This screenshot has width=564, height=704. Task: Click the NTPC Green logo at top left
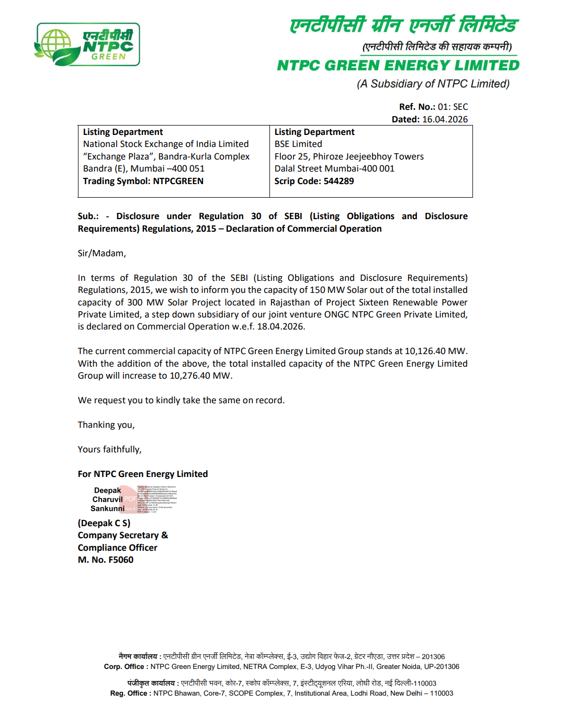click(87, 44)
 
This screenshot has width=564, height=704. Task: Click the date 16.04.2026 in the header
click(445, 119)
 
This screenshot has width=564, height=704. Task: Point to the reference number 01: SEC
click(453, 107)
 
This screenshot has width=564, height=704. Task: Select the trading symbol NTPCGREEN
click(178, 181)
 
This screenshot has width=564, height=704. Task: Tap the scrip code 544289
click(339, 181)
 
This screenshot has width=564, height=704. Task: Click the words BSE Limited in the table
click(298, 144)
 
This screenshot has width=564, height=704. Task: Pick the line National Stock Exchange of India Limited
click(166, 144)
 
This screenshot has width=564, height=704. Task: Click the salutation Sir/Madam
click(101, 253)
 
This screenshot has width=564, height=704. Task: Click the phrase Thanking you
click(106, 425)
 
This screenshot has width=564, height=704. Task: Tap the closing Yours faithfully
click(109, 449)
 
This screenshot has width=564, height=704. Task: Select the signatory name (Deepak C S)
click(104, 523)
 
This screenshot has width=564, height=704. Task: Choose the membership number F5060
click(121, 560)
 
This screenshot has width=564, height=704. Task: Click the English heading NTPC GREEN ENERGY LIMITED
click(398, 65)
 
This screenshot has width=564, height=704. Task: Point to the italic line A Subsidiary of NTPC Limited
click(433, 84)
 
